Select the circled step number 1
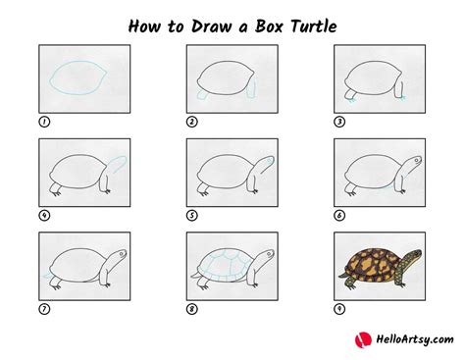[x=44, y=123]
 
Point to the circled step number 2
[x=191, y=123]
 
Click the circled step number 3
[x=339, y=123]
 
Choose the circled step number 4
[x=44, y=216]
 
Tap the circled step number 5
[x=191, y=216]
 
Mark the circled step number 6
[x=339, y=216]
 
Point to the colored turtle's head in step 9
[x=413, y=256]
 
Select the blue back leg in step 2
[x=203, y=95]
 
